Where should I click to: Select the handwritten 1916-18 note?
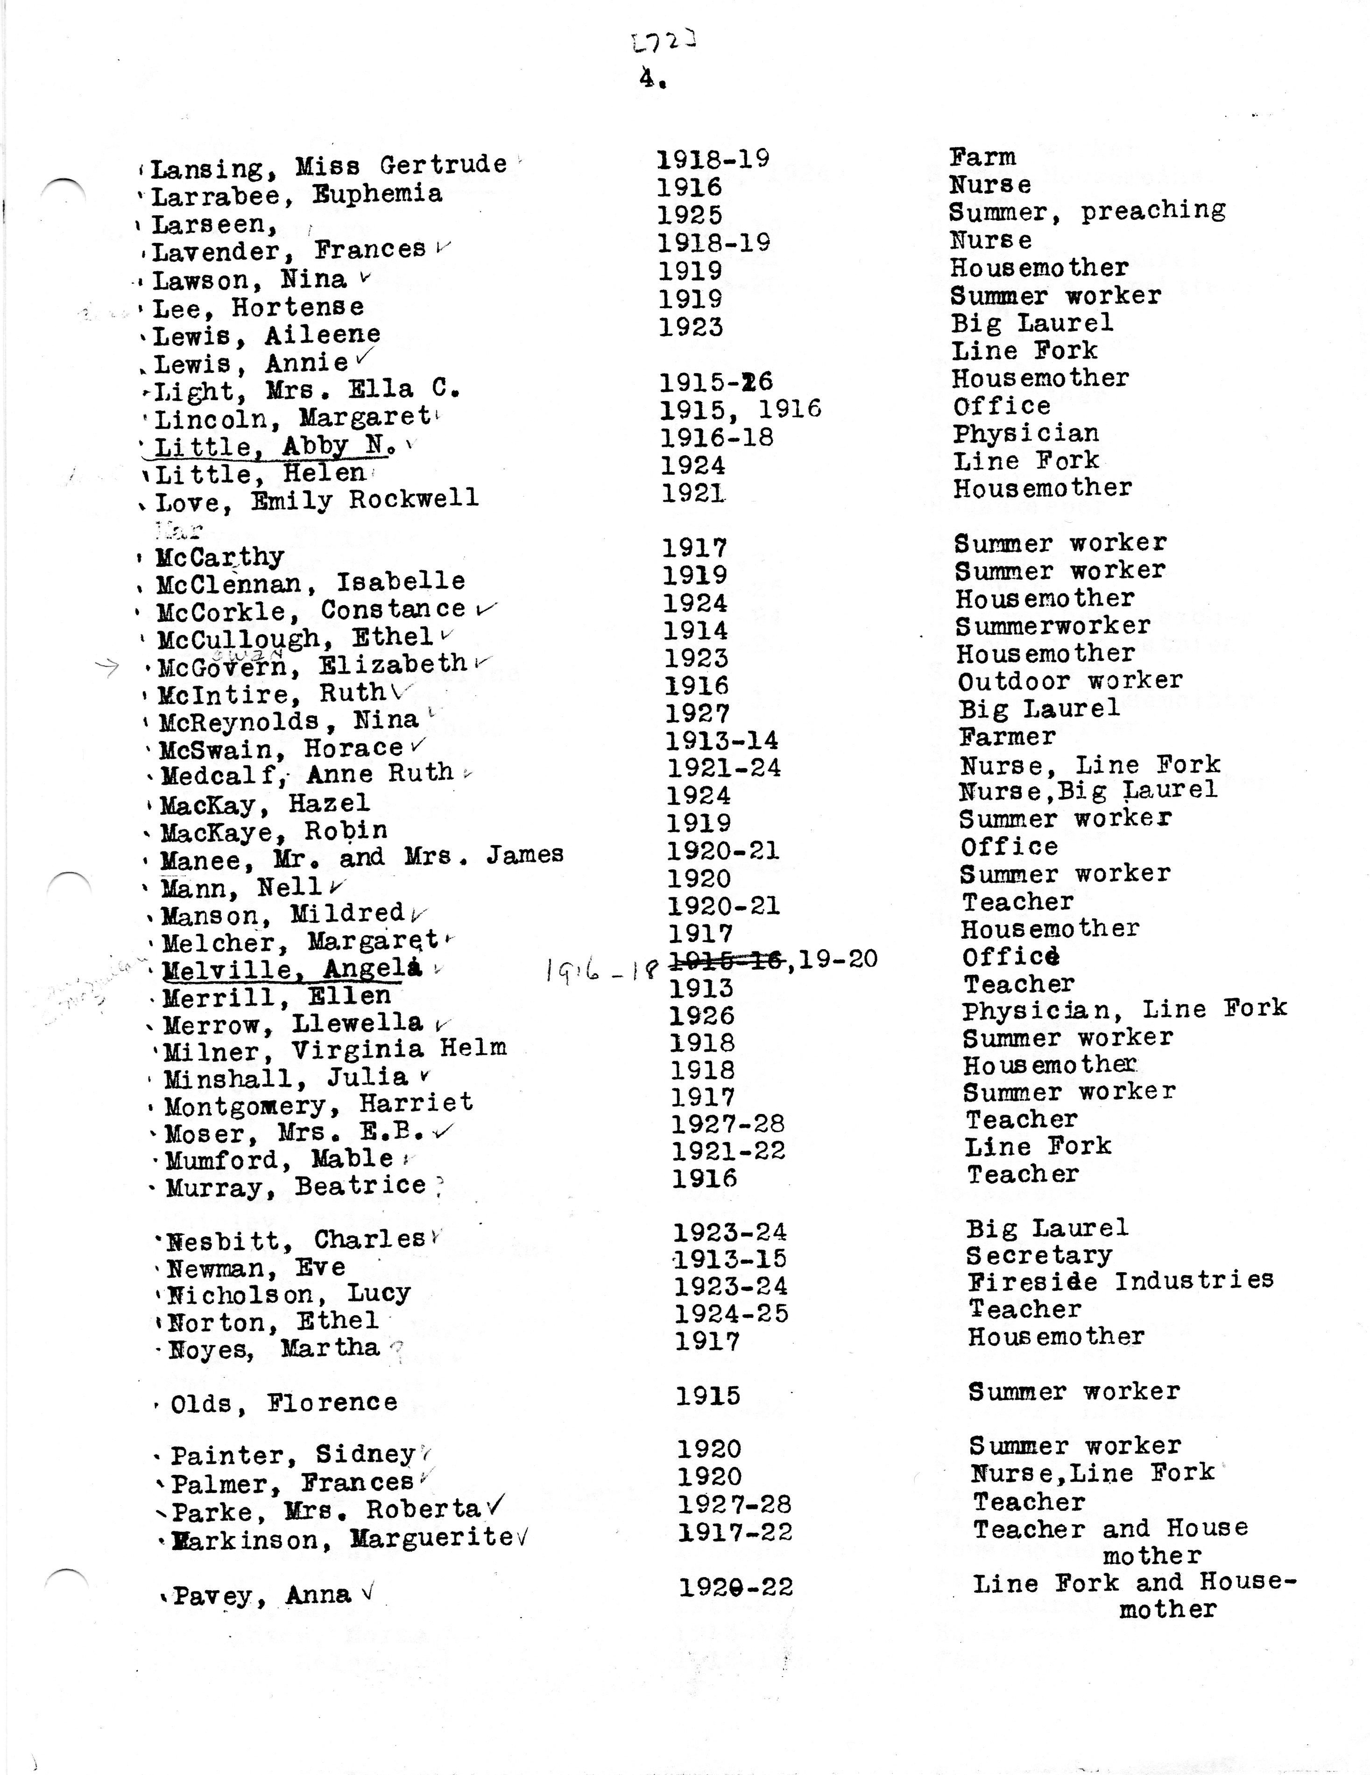tap(600, 969)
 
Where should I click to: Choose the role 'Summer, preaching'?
tap(1086, 212)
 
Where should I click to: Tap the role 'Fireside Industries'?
tap(1120, 1282)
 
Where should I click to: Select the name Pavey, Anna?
tap(262, 1595)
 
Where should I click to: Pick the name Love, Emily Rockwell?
tap(316, 500)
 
